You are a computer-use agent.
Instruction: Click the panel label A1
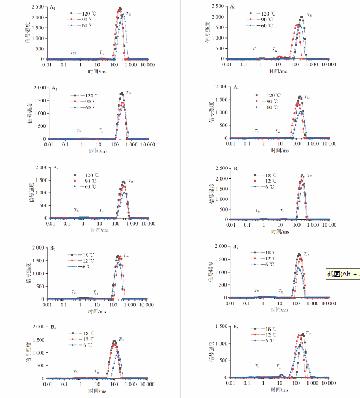(x=52, y=8)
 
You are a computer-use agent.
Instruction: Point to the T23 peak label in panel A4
(x=307, y=97)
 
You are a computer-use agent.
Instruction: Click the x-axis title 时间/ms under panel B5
(x=276, y=391)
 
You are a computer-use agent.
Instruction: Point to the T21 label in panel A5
(x=76, y=211)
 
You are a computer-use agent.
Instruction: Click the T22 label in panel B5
(x=279, y=366)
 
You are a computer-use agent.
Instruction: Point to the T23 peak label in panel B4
(x=122, y=340)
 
